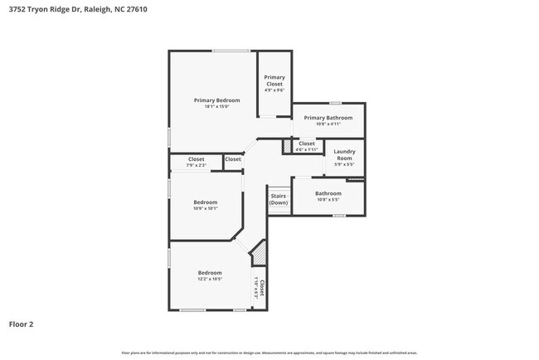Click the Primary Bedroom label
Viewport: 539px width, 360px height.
point(211,100)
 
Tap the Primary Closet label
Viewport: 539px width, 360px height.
point(274,80)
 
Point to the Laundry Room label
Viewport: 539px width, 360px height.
point(344,154)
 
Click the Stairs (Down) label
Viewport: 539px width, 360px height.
point(279,199)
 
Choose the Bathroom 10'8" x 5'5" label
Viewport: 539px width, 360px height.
point(328,194)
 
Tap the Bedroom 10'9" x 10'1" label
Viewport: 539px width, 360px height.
point(206,202)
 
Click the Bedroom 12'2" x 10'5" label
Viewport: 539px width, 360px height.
point(210,273)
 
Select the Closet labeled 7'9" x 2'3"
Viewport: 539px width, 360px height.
point(197,159)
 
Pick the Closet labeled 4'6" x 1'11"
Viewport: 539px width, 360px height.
point(307,144)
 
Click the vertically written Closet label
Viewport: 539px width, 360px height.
point(262,287)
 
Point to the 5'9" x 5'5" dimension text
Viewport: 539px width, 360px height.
point(344,164)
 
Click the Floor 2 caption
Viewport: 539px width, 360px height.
point(21,324)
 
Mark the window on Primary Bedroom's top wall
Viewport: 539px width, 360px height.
point(231,51)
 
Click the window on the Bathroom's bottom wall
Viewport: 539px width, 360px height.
point(338,216)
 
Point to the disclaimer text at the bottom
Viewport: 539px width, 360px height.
point(269,353)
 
